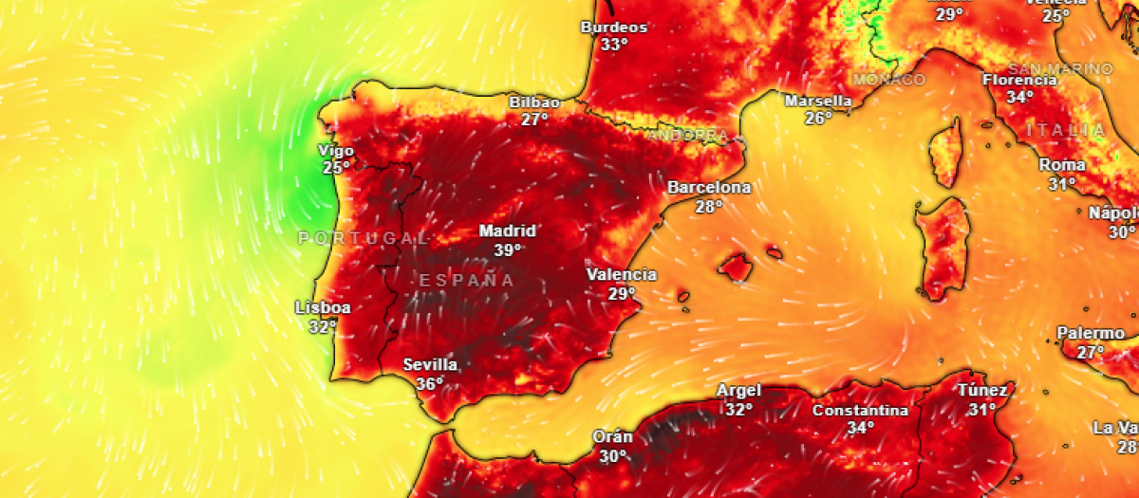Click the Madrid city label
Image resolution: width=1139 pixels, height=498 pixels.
pos(507,231)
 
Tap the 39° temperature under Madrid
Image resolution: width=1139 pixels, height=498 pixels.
pos(507,249)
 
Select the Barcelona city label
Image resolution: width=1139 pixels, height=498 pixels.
pos(708,188)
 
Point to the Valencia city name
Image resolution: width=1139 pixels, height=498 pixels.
pos(622,275)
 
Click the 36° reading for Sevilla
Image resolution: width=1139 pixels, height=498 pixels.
pos(429,384)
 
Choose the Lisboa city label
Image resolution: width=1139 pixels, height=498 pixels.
pos(323,308)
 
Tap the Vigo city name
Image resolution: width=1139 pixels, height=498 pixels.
pos(337,151)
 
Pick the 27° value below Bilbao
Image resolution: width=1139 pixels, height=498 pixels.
pos(534,120)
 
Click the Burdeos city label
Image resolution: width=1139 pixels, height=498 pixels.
pos(613,28)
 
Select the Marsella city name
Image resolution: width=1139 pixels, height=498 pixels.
pos(818,101)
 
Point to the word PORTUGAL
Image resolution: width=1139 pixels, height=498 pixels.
pos(364,238)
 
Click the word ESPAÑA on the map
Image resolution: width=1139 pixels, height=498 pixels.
pos(467,280)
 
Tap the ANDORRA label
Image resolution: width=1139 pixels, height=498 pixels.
pos(687,136)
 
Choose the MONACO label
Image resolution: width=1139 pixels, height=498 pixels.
pos(888,80)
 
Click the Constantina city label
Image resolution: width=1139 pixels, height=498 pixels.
pos(860,411)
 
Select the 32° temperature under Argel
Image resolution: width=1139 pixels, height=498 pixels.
pos(738,409)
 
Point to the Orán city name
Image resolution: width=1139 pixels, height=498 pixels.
pos(612,437)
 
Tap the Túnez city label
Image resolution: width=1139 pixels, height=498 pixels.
pos(981,390)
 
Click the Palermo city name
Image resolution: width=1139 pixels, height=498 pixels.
pos(1091,334)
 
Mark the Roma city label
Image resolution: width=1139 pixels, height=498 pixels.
pos(1061,165)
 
